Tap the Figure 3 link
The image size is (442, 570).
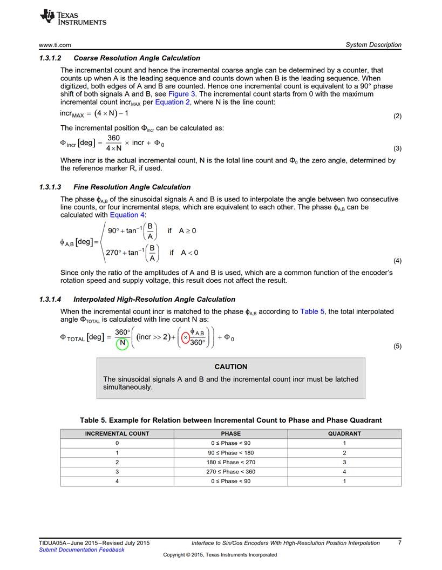coord(178,94)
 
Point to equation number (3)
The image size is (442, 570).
coord(397,148)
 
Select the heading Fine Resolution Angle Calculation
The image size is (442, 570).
coord(132,187)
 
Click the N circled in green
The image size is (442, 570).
coord(122,343)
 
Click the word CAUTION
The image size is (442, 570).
coord(230,367)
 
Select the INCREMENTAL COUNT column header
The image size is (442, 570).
coord(117,433)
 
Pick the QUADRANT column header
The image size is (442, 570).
coord(344,433)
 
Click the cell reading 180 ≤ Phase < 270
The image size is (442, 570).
coord(230,462)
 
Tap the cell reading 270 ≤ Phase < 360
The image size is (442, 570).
coord(230,472)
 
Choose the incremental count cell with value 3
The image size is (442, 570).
coord(117,472)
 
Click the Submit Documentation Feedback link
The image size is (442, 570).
coord(82,550)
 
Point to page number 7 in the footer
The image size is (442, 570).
coord(399,543)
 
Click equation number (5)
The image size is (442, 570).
coord(397,347)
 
